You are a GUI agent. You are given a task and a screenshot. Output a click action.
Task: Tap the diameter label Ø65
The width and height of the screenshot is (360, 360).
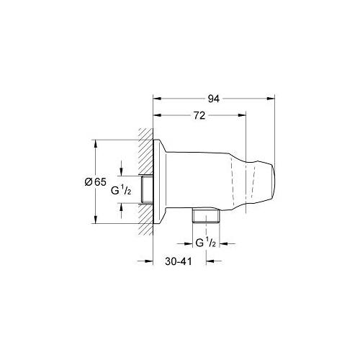tap(86, 182)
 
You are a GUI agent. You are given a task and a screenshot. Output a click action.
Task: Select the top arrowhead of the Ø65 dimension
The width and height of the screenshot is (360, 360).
tap(95, 142)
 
